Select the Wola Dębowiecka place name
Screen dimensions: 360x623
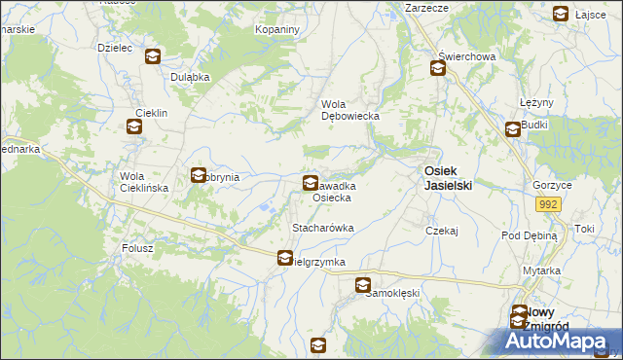pos(349,109)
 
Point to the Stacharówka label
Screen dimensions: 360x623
pos(322,228)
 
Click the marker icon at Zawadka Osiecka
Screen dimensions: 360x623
pos(310,182)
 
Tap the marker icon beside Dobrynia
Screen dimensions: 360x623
pos(199,176)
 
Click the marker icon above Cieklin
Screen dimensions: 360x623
pos(134,126)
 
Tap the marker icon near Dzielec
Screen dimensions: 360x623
pos(153,55)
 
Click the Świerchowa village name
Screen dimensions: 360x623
pos(467,56)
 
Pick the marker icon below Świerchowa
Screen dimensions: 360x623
pos(439,68)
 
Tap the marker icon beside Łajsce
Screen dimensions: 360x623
pos(561,14)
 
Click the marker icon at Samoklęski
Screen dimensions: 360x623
pos(363,286)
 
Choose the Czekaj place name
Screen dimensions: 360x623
pos(441,231)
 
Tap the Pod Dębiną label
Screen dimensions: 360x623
pos(529,235)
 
